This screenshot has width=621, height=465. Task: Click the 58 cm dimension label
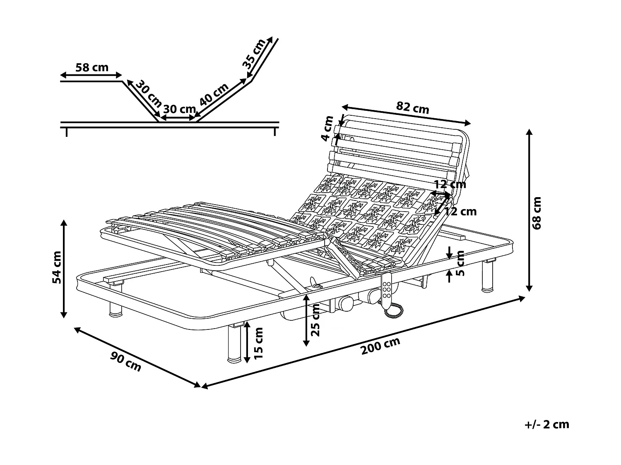92,67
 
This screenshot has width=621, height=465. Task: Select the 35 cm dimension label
253,54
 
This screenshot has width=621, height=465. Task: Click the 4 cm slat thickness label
328,129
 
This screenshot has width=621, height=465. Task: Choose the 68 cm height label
537,213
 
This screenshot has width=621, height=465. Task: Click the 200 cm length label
380,346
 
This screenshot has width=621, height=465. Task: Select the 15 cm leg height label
258,343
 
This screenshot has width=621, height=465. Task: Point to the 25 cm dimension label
315,320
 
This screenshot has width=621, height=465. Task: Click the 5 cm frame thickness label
460,263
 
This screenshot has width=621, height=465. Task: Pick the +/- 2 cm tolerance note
546,424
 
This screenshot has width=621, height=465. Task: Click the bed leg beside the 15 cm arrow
234,343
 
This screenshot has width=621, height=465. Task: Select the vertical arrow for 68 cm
529,210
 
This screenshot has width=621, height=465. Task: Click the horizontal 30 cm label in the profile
179,109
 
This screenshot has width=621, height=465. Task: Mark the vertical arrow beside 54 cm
63,269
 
